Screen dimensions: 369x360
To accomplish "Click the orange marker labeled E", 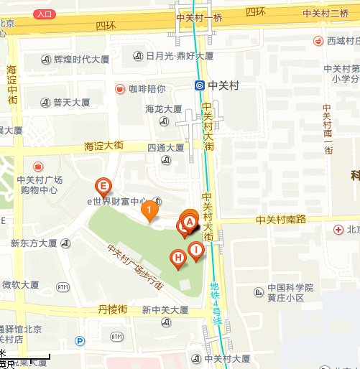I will click(x=103, y=188).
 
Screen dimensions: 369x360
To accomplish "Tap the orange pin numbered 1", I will click(x=149, y=210).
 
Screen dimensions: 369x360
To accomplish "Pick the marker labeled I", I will click(x=195, y=251).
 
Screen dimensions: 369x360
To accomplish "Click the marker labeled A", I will click(x=190, y=221).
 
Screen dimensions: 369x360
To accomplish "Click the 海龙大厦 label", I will click(x=163, y=109).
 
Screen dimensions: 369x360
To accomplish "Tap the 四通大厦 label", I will click(x=165, y=148).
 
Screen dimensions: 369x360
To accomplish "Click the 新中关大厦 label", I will click(x=165, y=311).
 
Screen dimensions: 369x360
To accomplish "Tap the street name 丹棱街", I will click(x=113, y=309).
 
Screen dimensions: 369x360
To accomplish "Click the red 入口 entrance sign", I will click(x=45, y=14).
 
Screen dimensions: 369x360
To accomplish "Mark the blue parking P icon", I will click(x=80, y=342).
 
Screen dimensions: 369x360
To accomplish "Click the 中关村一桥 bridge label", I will click(x=198, y=14).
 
